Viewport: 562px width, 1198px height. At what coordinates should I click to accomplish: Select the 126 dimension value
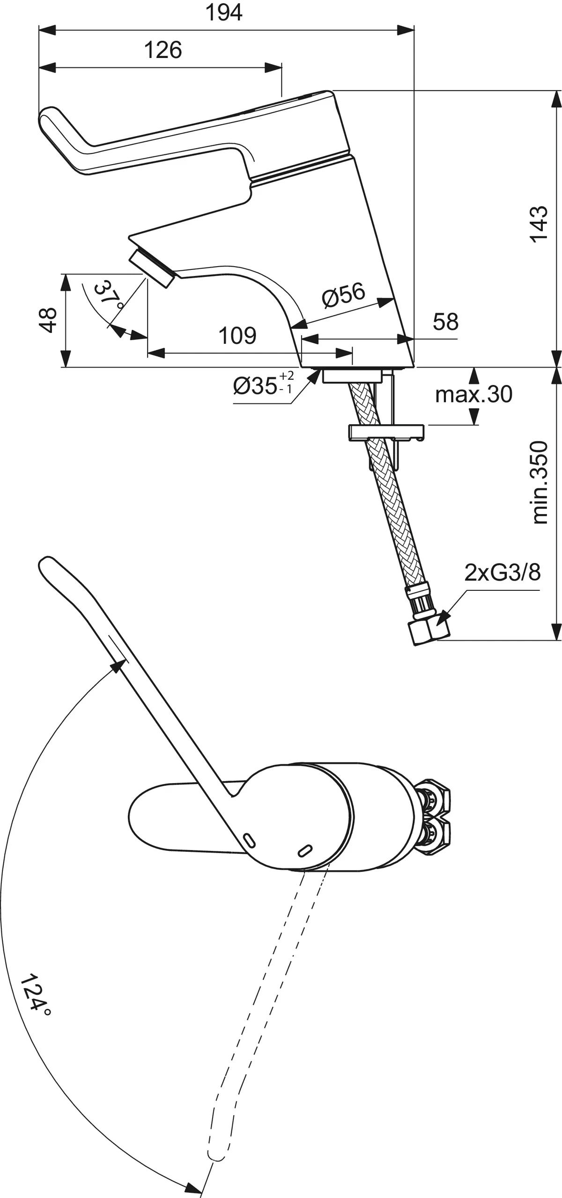pyautogui.click(x=163, y=50)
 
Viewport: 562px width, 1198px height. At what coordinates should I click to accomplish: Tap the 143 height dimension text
pyautogui.click(x=539, y=223)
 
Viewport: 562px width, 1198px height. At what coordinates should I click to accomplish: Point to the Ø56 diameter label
pyautogui.click(x=343, y=295)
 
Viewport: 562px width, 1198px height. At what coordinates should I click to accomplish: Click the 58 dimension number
pyautogui.click(x=445, y=322)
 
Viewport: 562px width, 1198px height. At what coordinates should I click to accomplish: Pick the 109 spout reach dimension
pyautogui.click(x=237, y=336)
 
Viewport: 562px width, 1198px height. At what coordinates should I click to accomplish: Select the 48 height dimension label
pyautogui.click(x=48, y=320)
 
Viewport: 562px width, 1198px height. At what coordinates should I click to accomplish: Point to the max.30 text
pyautogui.click(x=473, y=394)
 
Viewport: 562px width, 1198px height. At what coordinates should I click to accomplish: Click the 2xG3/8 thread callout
pyautogui.click(x=502, y=572)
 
